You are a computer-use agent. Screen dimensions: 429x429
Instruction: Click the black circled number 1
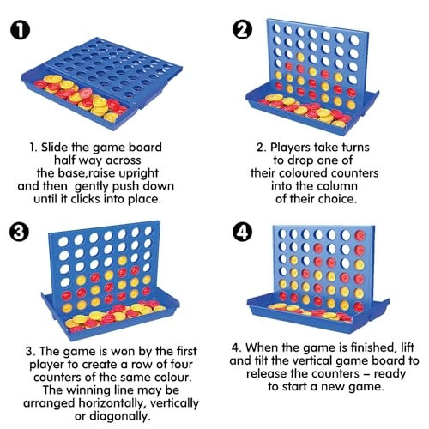20,31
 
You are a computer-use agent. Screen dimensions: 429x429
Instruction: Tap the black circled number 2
243,31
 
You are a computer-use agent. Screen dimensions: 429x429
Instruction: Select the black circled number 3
19,232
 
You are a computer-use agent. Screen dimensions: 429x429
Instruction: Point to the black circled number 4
243,232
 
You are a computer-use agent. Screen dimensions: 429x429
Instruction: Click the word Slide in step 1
55,148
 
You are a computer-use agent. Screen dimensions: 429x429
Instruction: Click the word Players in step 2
290,148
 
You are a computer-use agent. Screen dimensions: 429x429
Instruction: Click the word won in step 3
122,351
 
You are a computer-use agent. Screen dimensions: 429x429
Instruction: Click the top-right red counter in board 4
360,235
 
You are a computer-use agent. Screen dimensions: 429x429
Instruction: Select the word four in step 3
181,365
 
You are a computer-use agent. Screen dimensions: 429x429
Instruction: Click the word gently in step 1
91,187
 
